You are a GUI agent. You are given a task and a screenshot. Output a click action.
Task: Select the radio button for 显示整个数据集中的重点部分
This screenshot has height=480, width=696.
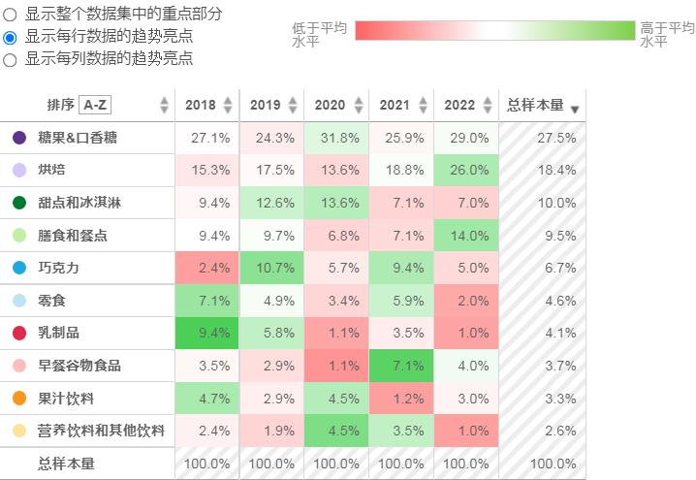pyautogui.click(x=11, y=15)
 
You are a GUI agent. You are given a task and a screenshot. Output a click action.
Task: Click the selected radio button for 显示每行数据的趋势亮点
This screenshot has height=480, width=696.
pyautogui.click(x=11, y=37)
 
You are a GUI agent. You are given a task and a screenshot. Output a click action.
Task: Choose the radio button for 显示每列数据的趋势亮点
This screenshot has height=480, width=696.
pyautogui.click(x=11, y=59)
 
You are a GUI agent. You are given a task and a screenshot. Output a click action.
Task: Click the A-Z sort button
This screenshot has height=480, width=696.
pyautogui.click(x=95, y=105)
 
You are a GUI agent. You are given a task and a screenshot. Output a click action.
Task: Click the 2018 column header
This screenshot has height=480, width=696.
pyautogui.click(x=201, y=105)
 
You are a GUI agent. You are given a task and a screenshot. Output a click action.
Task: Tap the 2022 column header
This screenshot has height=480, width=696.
pyautogui.click(x=460, y=105)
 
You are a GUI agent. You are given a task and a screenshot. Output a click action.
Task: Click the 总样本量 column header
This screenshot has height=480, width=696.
pyautogui.click(x=535, y=105)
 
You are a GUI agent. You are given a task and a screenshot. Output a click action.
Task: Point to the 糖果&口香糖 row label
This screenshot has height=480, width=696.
pyautogui.click(x=78, y=138)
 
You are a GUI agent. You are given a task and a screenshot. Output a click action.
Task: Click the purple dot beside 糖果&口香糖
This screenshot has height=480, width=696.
pyautogui.click(x=19, y=138)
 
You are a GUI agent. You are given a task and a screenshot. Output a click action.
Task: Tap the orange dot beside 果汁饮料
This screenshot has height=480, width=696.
pyautogui.click(x=19, y=399)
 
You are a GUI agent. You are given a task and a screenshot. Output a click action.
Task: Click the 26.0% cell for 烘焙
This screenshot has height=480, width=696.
pyautogui.click(x=466, y=171)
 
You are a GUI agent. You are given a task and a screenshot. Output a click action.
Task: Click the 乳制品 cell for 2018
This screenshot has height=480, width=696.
pyautogui.click(x=206, y=334)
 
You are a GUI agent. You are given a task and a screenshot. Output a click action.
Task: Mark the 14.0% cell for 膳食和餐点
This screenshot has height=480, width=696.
pyautogui.click(x=466, y=236)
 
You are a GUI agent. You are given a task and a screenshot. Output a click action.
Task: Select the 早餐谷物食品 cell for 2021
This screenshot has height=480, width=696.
pyautogui.click(x=401, y=366)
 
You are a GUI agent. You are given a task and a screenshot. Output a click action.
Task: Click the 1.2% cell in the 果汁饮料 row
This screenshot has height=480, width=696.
pyautogui.click(x=401, y=399)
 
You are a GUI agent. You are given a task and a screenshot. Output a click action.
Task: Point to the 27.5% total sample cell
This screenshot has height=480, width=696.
pyautogui.click(x=542, y=138)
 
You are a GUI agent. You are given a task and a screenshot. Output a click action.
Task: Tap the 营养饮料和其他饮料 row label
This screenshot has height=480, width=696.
pyautogui.click(x=101, y=431)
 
